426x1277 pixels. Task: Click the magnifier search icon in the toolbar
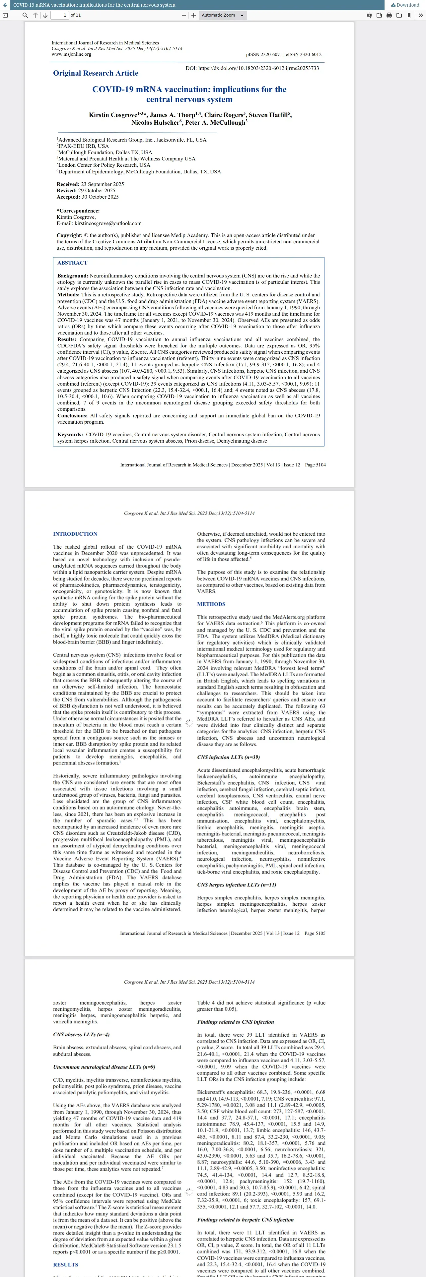coord(25,15)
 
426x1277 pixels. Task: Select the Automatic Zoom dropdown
coord(223,15)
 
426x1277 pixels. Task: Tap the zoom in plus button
coord(193,15)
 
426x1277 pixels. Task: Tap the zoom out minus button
coord(184,15)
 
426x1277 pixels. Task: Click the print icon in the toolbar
coord(389,15)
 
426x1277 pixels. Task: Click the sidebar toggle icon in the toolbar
coord(5,15)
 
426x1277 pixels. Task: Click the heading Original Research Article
coord(96,73)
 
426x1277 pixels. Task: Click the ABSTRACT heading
coord(72,263)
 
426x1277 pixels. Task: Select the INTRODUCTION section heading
coord(75,534)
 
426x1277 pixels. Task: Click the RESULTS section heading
coord(65,1265)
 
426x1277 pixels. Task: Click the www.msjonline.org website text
coord(71,54)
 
